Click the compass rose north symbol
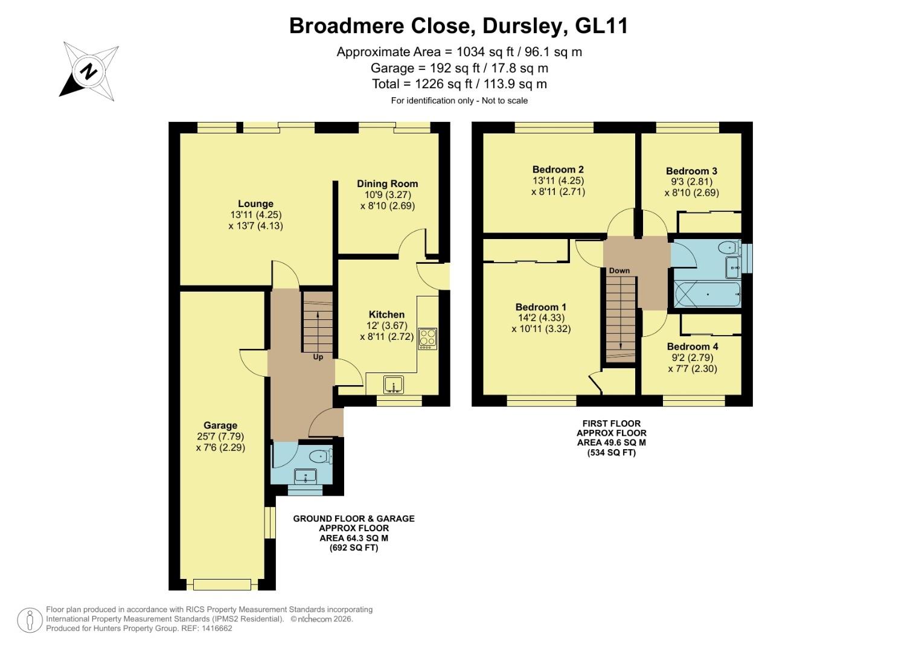89,71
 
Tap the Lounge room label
255,204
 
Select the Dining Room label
387,184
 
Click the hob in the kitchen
427,338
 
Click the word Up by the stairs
318,357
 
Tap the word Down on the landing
619,270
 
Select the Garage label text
220,425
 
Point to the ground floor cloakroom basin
306,476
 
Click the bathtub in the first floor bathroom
707,295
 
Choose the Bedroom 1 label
540,307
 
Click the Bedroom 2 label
558,170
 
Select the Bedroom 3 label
691,171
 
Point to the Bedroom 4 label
692,347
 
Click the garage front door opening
222,584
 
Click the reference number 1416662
214,628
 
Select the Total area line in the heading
459,84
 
